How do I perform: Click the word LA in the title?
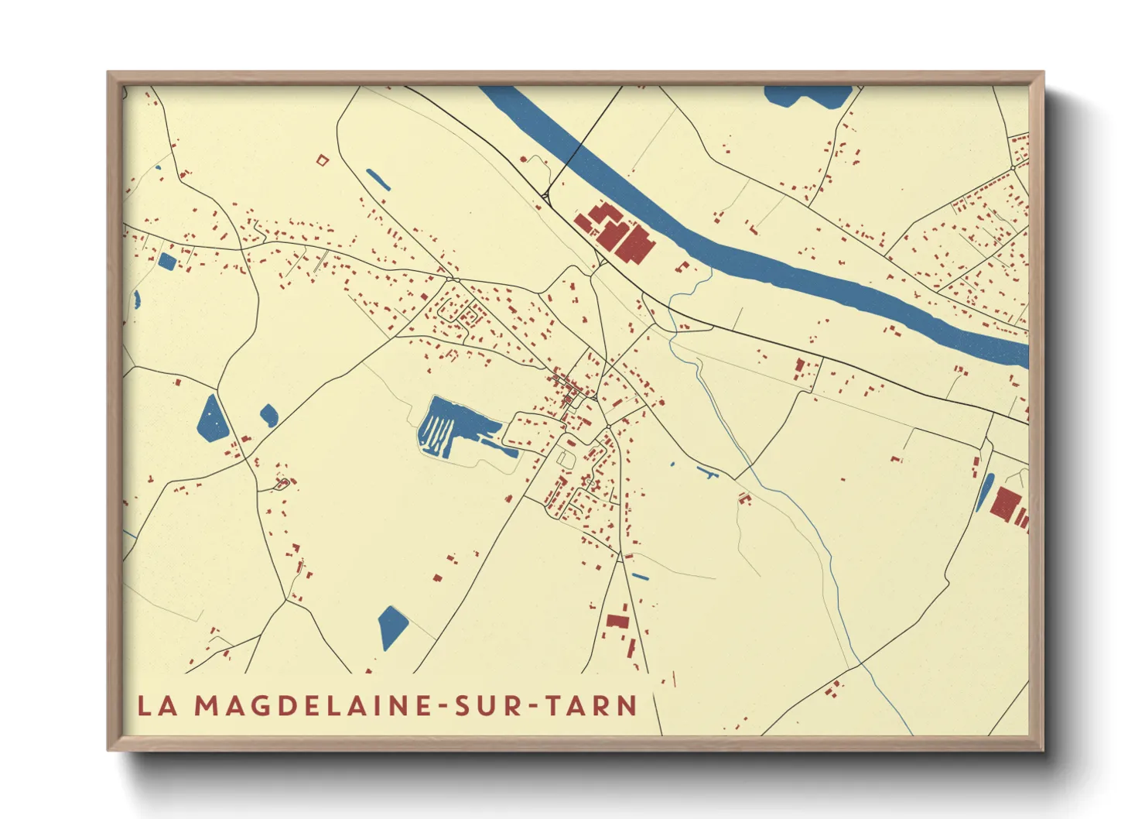157,706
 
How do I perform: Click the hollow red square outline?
323,160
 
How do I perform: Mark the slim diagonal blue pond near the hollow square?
377,180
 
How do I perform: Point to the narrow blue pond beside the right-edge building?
985,492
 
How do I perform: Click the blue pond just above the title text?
392,625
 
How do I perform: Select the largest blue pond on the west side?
212,420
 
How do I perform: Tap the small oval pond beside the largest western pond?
268,415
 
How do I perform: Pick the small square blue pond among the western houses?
166,260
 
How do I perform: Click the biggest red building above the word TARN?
617,620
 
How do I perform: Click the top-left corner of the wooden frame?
109,74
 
